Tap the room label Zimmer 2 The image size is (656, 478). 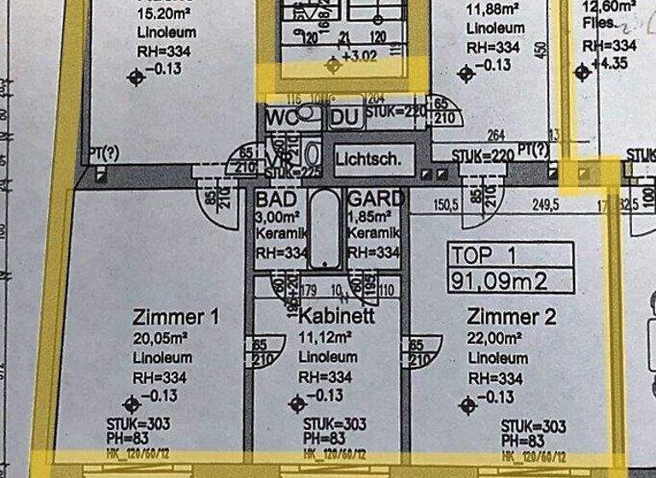click(512, 318)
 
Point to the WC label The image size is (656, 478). click(282, 117)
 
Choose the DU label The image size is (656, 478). click(345, 117)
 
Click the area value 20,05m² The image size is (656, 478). click(163, 339)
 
